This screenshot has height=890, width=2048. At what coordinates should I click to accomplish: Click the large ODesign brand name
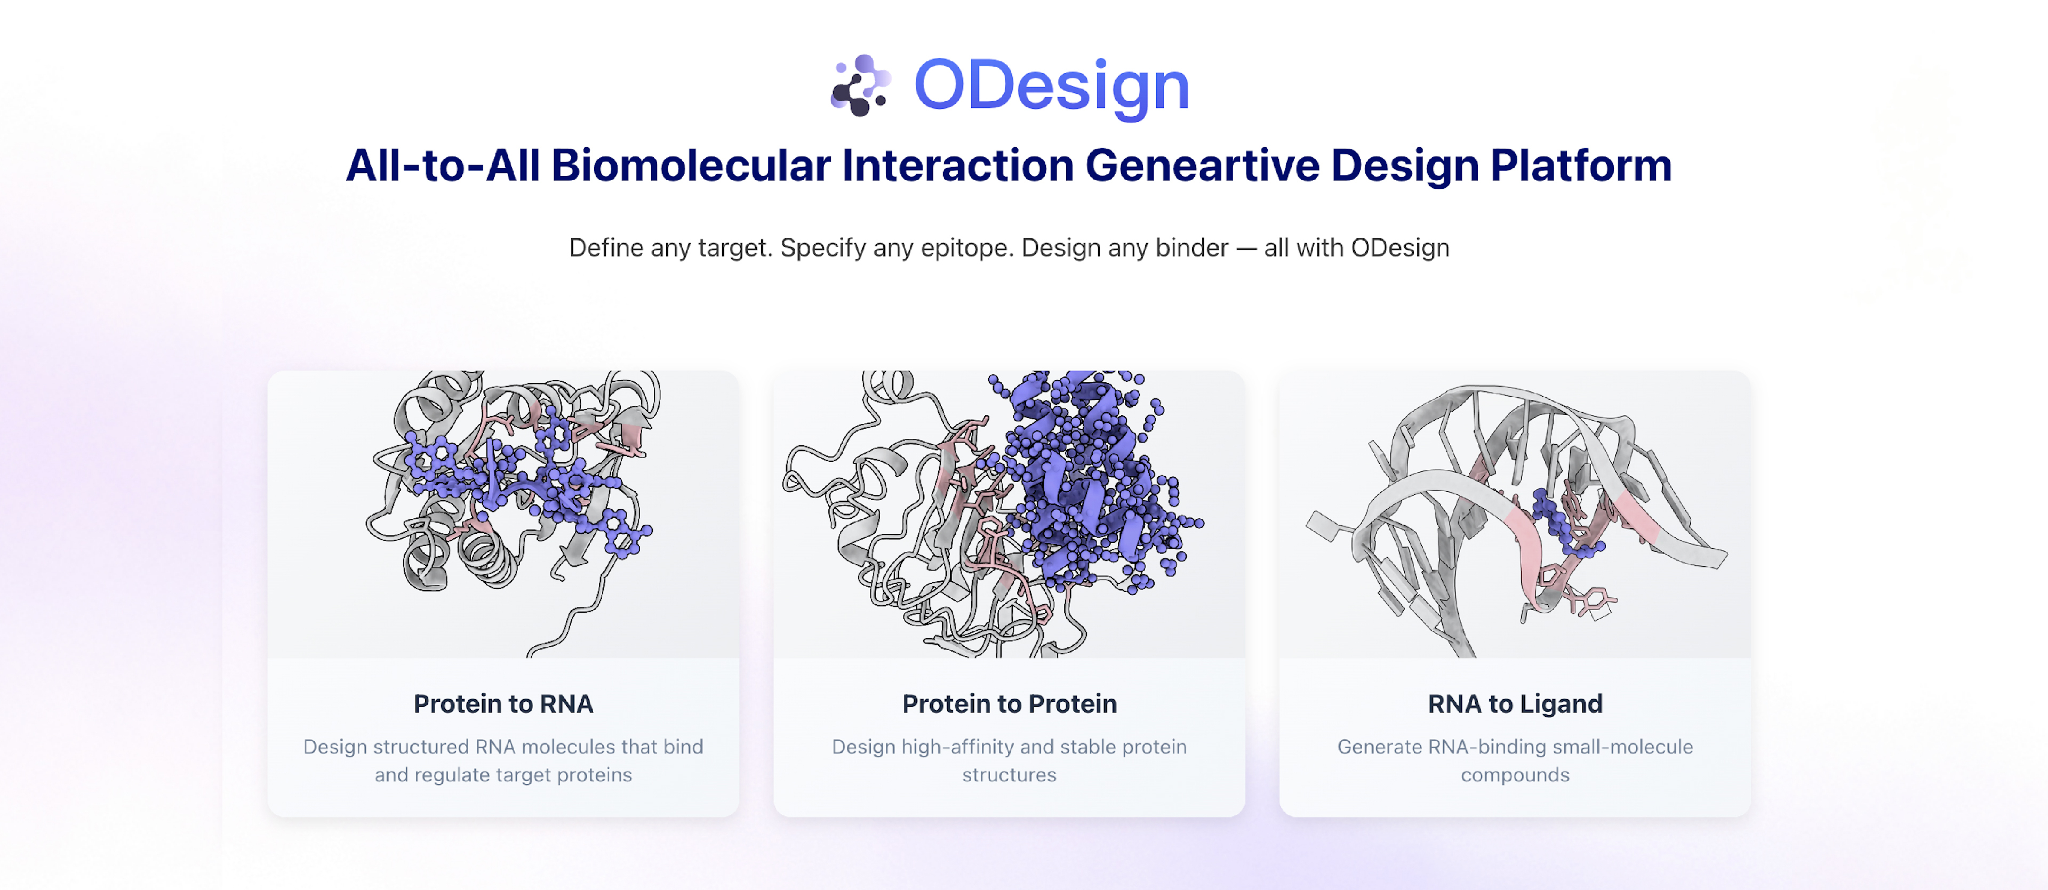pos(1052,86)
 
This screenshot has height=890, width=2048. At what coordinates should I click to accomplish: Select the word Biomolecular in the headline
pos(691,165)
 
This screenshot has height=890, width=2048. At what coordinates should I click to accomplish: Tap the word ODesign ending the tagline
pos(1400,248)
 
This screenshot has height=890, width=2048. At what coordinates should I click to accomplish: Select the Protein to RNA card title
pos(503,703)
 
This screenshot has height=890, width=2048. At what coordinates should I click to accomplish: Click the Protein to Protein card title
pos(1009,703)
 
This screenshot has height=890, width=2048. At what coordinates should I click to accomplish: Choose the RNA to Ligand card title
pos(1515,703)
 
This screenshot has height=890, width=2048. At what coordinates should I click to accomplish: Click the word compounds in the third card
pos(1515,775)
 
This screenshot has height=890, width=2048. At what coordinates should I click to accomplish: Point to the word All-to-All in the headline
pos(443,165)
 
